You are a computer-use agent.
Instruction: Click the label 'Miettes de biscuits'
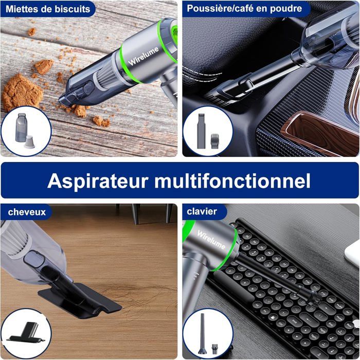(48, 9)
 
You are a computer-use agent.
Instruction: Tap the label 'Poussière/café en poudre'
(244, 9)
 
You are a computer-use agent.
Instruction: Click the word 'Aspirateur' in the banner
(97, 182)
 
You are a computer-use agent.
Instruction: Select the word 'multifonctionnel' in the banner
(232, 181)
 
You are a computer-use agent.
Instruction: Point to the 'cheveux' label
(27, 212)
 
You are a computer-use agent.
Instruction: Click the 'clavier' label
(202, 211)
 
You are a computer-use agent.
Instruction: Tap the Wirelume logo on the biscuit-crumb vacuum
(143, 56)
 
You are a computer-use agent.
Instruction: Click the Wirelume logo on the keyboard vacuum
(211, 240)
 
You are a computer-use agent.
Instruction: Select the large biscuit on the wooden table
(22, 92)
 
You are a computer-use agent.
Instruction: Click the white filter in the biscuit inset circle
(29, 142)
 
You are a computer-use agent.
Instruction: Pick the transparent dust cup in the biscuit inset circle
(21, 128)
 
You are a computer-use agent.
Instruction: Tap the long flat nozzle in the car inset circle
(201, 131)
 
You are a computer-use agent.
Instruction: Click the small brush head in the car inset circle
(215, 140)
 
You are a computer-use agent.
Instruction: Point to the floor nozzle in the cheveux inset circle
(26, 333)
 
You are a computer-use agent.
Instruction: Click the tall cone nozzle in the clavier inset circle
(203, 331)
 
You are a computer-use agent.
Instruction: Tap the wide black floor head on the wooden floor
(79, 300)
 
